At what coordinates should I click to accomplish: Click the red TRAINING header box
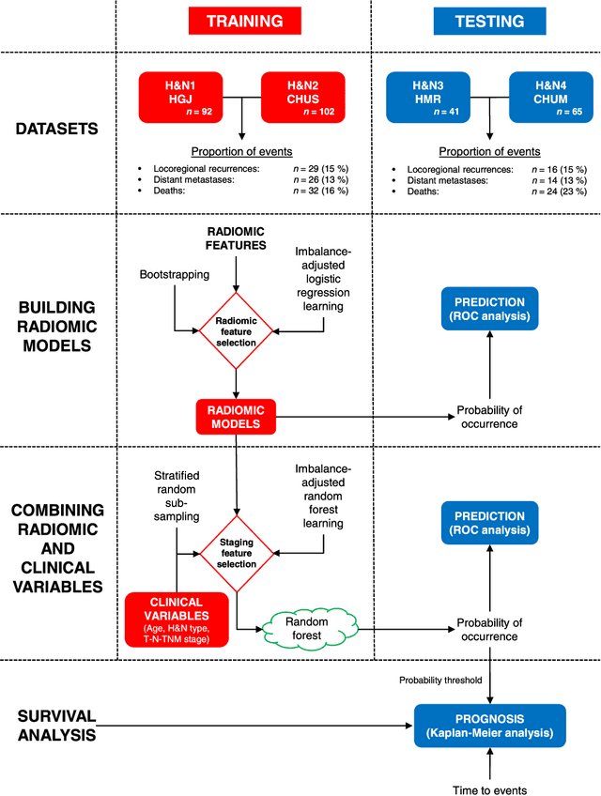243,22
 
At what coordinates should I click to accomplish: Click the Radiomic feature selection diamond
236,330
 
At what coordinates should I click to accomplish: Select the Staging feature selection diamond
236,547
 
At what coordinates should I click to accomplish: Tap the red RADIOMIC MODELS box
236,417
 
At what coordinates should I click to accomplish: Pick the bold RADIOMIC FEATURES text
236,238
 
